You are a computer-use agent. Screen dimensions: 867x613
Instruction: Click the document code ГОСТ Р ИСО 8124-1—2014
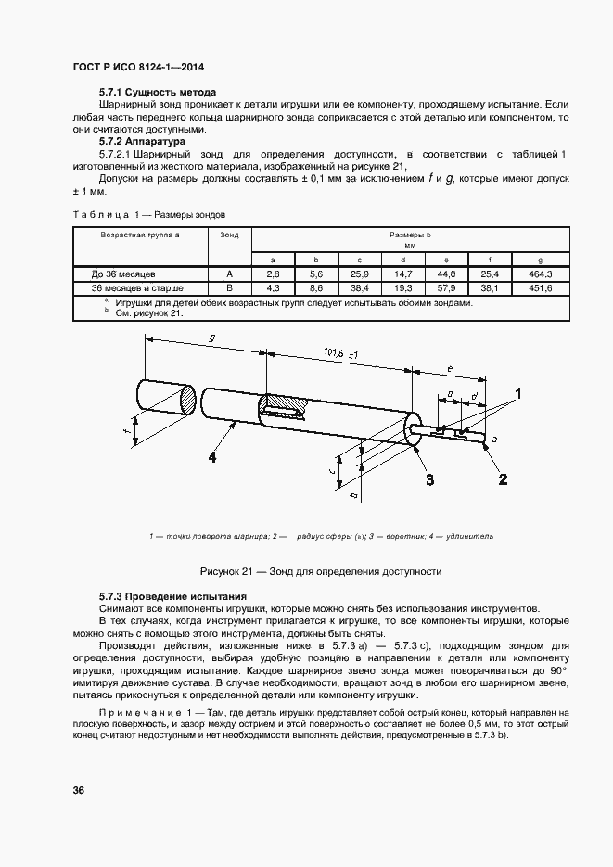point(138,69)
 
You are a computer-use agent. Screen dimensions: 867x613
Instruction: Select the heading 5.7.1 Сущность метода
point(158,93)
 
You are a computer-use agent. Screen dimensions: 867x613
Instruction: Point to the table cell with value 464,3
point(540,274)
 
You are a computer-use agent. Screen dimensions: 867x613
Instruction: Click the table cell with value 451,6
point(540,288)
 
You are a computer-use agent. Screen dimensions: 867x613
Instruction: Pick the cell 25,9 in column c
point(359,274)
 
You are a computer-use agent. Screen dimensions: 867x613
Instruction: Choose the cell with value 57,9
point(446,288)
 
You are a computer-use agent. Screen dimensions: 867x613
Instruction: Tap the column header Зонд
point(229,236)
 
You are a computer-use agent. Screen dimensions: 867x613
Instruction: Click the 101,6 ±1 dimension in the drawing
point(341,353)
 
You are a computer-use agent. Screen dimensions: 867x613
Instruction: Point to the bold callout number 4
point(212,456)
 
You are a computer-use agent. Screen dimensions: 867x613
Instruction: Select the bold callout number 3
point(429,478)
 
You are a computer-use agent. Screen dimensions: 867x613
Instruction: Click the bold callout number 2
point(504,478)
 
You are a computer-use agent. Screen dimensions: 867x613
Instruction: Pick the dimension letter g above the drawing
point(211,340)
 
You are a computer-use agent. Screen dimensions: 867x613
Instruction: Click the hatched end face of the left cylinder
point(187,400)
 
